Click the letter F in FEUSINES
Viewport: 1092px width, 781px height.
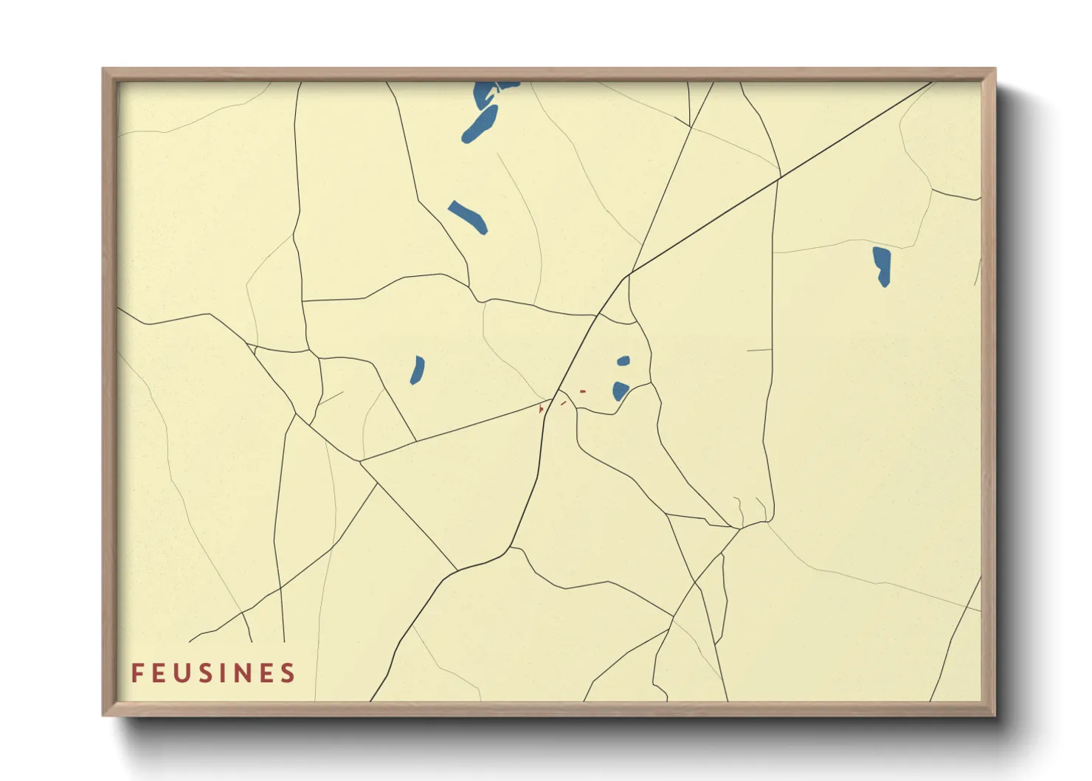[x=136, y=672]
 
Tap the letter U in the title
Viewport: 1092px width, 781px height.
[x=182, y=673]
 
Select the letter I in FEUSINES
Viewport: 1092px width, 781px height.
[x=225, y=672]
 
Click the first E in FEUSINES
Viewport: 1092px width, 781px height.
[x=159, y=672]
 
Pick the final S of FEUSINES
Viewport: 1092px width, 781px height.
[x=288, y=672]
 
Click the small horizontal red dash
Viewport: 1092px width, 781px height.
[x=583, y=391]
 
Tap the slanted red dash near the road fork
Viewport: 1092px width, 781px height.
[x=564, y=402]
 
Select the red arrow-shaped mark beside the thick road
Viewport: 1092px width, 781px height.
[x=541, y=408]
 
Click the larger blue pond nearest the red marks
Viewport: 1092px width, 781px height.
[x=620, y=390]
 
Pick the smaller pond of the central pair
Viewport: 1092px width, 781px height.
[x=623, y=361]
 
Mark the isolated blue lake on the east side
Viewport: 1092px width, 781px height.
[x=882, y=265]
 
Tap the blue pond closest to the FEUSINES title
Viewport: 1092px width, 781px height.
[x=417, y=370]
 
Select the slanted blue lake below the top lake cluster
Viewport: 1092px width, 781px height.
[x=468, y=216]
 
